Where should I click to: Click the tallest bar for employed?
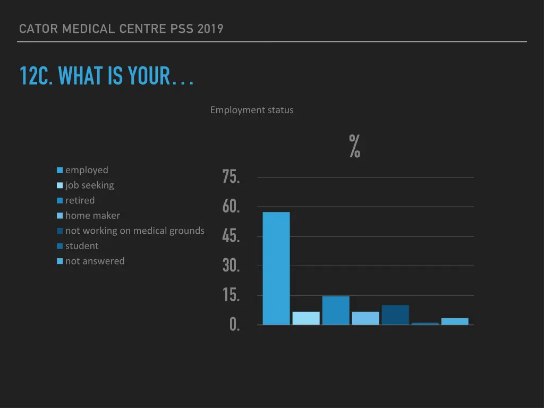(276, 268)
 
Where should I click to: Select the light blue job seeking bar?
(306, 318)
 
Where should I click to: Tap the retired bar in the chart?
(336, 310)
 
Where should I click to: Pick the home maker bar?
(365, 318)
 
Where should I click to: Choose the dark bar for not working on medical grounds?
(395, 315)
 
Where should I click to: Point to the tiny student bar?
(425, 324)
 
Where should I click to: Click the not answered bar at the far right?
(455, 321)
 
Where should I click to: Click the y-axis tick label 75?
(231, 177)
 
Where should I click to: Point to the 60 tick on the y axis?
(231, 207)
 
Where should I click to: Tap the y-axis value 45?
(231, 236)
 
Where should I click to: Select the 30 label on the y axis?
(231, 266)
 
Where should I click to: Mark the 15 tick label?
(231, 295)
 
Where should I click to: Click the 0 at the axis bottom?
(234, 325)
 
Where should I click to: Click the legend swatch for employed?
(60, 171)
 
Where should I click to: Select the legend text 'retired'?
(80, 200)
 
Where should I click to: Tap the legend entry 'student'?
(82, 246)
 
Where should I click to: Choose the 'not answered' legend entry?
(95, 261)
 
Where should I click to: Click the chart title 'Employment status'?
(252, 110)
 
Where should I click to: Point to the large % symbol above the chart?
(355, 147)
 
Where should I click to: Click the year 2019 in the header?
(210, 29)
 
